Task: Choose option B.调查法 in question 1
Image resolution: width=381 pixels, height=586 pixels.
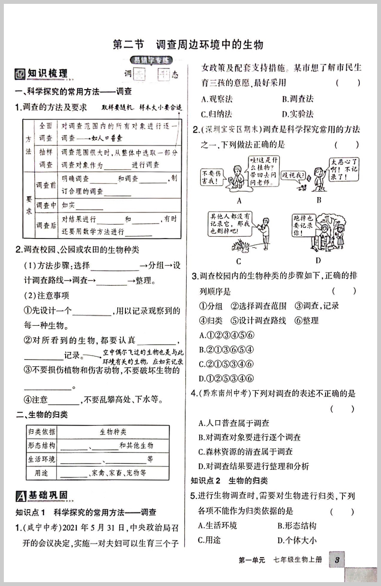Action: (298, 99)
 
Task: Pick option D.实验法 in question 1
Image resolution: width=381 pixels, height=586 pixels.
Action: (298, 114)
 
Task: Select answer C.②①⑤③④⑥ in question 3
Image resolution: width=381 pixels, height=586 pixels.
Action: (226, 364)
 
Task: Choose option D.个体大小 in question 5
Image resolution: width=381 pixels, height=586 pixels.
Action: (298, 540)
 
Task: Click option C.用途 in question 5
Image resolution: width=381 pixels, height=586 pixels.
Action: (210, 540)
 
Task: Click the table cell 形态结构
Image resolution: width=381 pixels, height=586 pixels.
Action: (41, 445)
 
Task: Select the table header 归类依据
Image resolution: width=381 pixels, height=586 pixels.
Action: (41, 432)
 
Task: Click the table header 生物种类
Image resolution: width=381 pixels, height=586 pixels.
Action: (113, 432)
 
